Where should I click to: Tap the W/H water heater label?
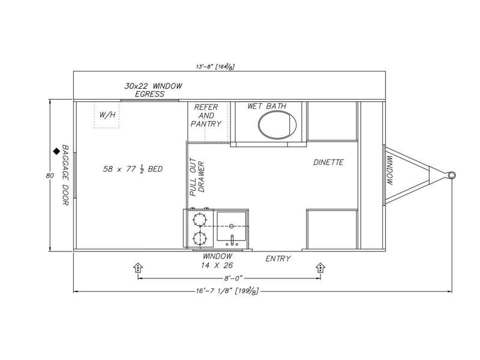pyautogui.click(x=107, y=115)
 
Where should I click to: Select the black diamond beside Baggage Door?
pyautogui.click(x=56, y=151)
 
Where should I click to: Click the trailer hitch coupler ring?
pyautogui.click(x=452, y=175)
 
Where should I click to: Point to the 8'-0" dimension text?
pyautogui.click(x=233, y=278)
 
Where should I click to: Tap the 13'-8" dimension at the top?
pyautogui.click(x=215, y=67)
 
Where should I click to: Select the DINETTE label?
pyautogui.click(x=328, y=162)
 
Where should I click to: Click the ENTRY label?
pyautogui.click(x=278, y=259)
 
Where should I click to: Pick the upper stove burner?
pyautogui.click(x=200, y=220)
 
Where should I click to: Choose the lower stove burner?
pyautogui.click(x=200, y=238)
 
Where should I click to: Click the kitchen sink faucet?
pyautogui.click(x=232, y=241)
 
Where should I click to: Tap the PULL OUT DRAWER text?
pyautogui.click(x=197, y=177)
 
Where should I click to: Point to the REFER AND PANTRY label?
pyautogui.click(x=206, y=115)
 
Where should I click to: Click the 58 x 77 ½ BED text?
pyautogui.click(x=133, y=169)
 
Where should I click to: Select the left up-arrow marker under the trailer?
pyautogui.click(x=138, y=267)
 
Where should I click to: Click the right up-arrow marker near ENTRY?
pyautogui.click(x=320, y=267)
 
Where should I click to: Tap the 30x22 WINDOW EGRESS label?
pyautogui.click(x=153, y=90)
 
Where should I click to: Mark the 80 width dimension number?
pyautogui.click(x=50, y=176)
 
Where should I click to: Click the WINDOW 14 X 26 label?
pyautogui.click(x=217, y=261)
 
